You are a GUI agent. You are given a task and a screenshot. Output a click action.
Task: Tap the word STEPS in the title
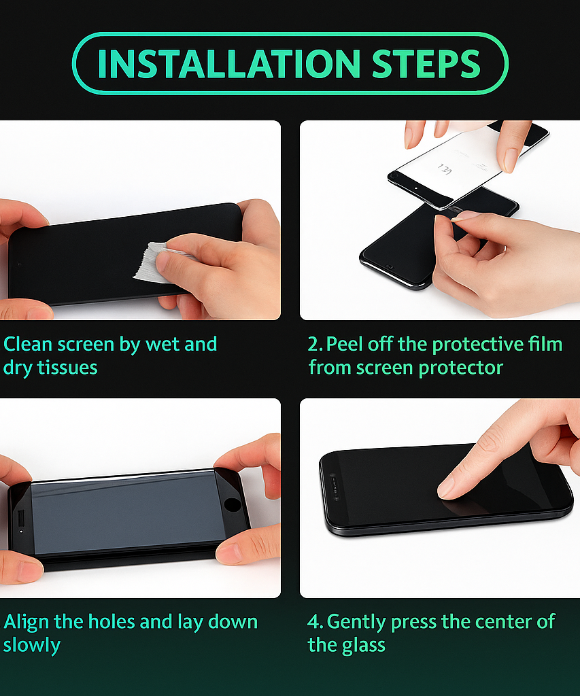point(426,63)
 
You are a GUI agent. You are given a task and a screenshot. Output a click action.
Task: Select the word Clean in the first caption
point(28,344)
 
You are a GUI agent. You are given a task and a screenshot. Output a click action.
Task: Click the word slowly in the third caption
point(32,645)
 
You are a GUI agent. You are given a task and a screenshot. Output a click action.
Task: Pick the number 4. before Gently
point(315,622)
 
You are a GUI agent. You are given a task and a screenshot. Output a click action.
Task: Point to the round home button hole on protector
point(232,505)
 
